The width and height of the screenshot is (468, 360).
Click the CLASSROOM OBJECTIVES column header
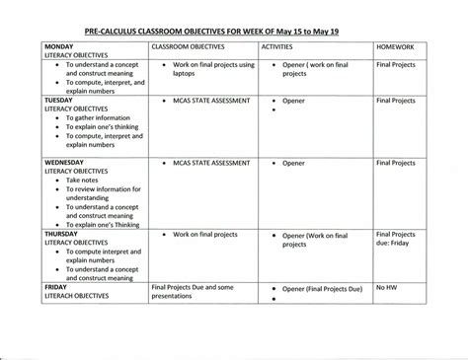[x=193, y=46]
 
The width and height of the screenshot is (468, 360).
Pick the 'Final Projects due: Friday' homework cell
[x=398, y=241]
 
